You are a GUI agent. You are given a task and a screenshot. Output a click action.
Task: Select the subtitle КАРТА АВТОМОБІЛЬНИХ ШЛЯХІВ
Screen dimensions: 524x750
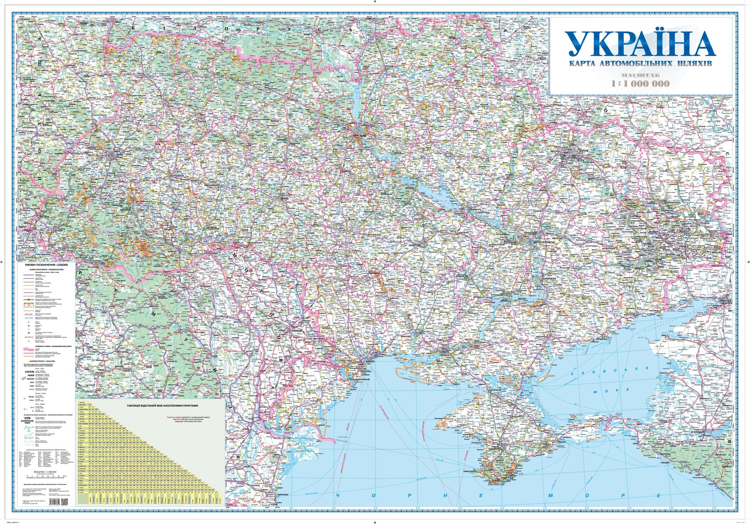641,63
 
